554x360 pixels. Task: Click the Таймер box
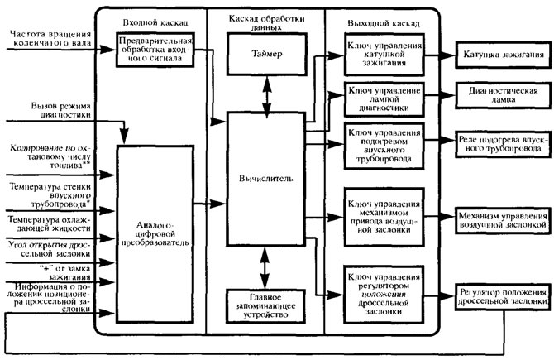pos(267,54)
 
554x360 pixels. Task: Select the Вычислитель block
pos(265,179)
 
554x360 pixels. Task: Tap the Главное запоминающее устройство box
pos(265,306)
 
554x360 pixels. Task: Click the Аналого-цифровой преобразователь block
pos(155,233)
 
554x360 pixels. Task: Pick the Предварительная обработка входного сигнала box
pos(155,50)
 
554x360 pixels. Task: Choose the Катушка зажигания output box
pos(503,55)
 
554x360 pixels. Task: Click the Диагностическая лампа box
pos(503,95)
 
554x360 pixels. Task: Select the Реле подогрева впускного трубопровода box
pos(503,144)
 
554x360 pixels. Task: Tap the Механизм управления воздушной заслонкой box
pos(503,220)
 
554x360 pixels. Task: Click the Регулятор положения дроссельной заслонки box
pos(503,297)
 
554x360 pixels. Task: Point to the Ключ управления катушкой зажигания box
pos(384,55)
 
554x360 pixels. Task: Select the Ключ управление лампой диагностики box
pos(384,99)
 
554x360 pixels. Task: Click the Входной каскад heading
pos(155,23)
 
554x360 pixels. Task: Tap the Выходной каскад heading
pos(384,24)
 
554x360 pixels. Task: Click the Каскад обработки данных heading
pos(266,22)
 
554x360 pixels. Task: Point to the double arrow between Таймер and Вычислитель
pos(267,94)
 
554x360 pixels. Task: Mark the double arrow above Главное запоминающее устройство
pos(265,267)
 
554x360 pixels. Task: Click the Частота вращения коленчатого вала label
pos(50,39)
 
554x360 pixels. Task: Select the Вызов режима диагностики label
pos(60,110)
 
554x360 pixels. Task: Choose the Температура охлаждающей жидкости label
pos(50,223)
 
